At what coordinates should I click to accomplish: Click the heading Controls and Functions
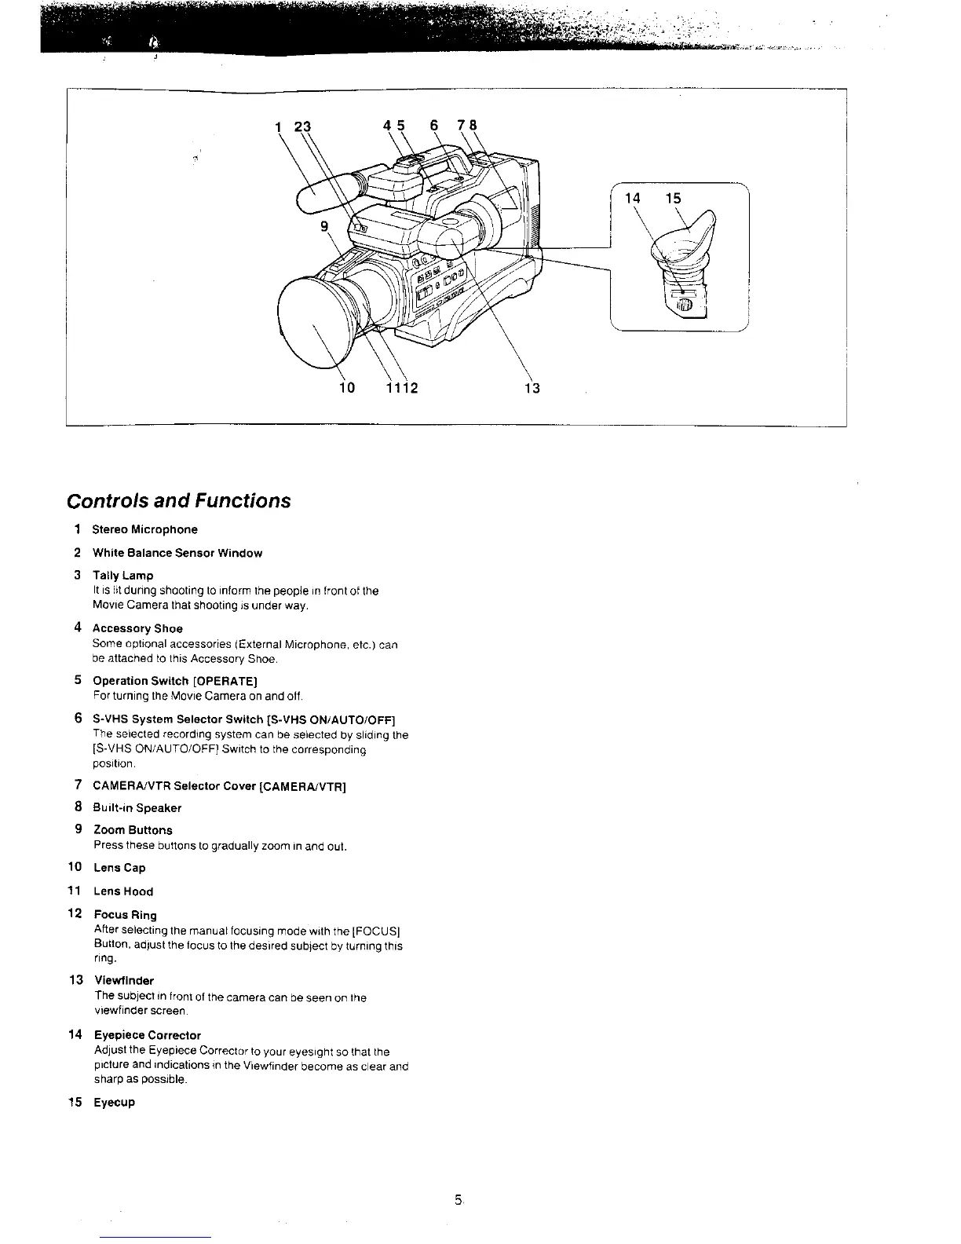[x=178, y=501]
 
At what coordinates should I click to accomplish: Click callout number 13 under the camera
[x=532, y=388]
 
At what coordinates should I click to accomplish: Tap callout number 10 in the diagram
[x=346, y=388]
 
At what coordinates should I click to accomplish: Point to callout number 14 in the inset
[x=633, y=199]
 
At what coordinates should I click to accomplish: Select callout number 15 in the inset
[x=673, y=199]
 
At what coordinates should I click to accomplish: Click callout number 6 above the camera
[x=433, y=125]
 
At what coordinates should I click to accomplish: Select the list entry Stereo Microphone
[x=145, y=529]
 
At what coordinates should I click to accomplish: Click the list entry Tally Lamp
[x=123, y=576]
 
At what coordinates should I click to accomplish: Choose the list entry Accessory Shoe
[x=137, y=628]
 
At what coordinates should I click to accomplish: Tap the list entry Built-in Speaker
[x=137, y=808]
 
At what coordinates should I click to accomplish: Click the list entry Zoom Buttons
[x=133, y=830]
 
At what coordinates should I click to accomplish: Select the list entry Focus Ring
[x=125, y=915]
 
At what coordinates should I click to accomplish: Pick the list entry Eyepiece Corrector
[x=147, y=1035]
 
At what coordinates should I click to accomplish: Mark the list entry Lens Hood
[x=123, y=891]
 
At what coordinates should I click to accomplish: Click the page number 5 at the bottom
[x=457, y=1199]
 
